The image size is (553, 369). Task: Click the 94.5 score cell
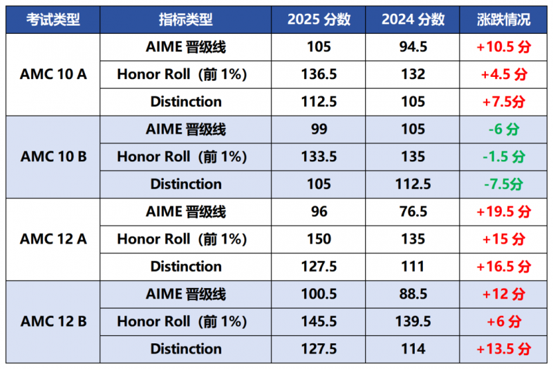(x=413, y=47)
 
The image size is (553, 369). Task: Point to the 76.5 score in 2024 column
(x=413, y=212)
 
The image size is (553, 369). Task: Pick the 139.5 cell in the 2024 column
(x=413, y=321)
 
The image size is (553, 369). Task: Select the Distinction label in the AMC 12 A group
(x=186, y=267)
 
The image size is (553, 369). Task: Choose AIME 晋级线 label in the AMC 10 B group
(x=186, y=129)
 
